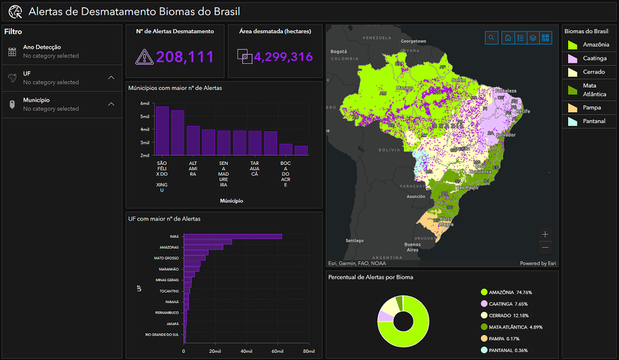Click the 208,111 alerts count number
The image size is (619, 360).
pos(185,57)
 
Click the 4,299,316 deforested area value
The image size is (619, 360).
pos(283,57)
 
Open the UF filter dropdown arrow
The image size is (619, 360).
pos(111,77)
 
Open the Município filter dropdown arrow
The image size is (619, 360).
pos(111,104)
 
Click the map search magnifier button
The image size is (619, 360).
pos(491,38)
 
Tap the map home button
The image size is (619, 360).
pos(508,38)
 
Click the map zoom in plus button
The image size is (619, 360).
pos(545,234)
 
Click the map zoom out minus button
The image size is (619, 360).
pos(545,248)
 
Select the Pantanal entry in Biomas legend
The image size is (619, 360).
pos(594,121)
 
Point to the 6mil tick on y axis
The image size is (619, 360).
pos(144,103)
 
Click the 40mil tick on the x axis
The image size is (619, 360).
pos(246,351)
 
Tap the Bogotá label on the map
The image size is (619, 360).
pos(338,51)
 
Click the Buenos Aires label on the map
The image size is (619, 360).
pos(413,247)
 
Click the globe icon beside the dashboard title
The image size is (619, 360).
pos(15,12)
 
